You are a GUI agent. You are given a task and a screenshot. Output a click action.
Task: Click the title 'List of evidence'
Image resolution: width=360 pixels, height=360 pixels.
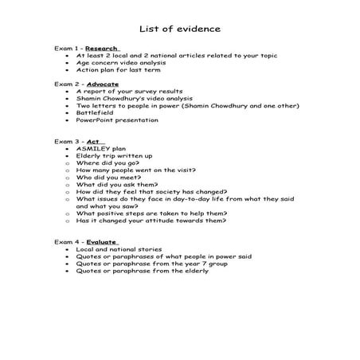180,29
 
